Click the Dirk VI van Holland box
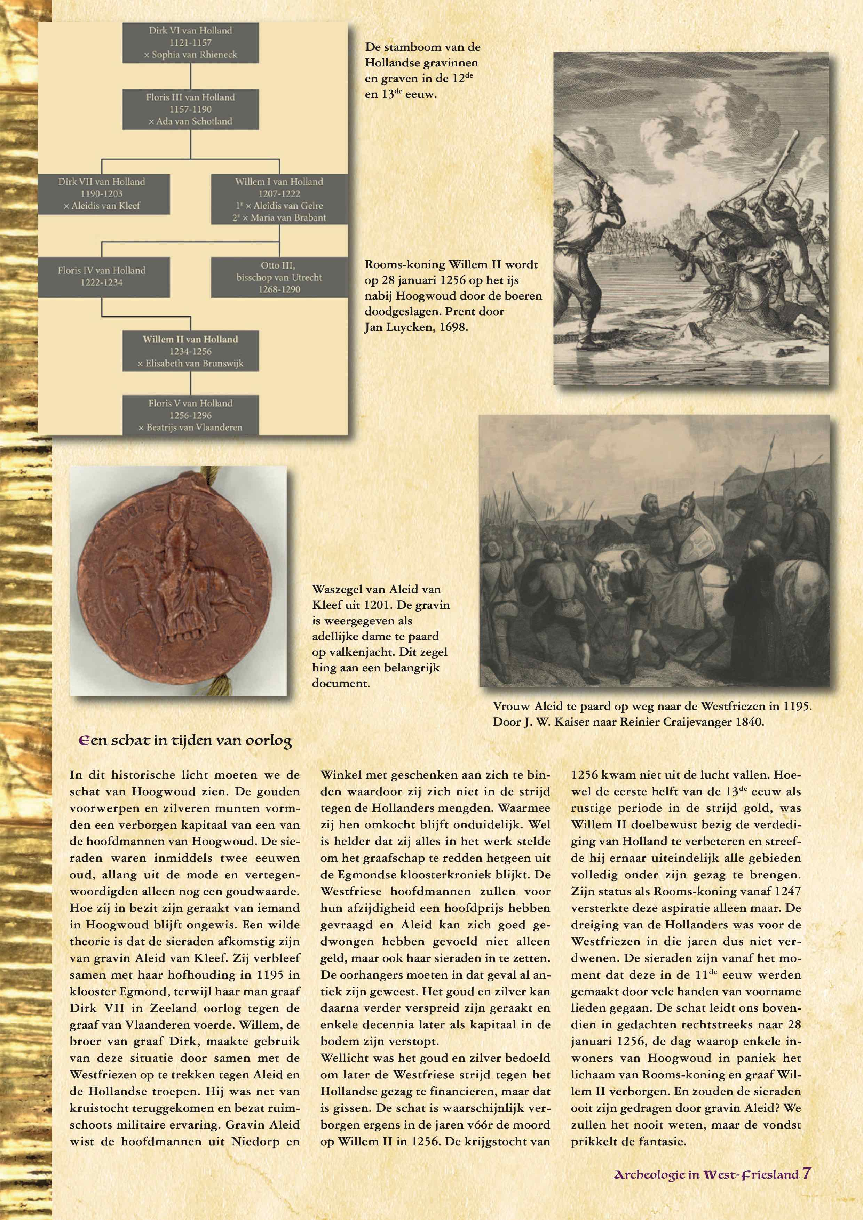190,42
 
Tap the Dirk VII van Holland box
102,193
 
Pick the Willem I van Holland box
279,199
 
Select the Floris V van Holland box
190,415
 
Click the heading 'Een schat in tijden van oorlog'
186,741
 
